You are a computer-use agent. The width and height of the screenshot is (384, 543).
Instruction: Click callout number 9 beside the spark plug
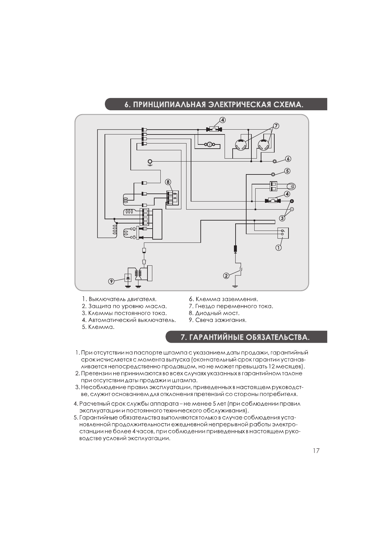coord(111,281)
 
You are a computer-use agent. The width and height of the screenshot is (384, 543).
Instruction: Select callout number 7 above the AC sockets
coord(276,125)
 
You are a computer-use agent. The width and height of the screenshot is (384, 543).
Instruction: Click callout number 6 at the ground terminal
coord(288,159)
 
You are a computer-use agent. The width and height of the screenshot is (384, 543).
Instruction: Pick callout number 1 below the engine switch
coord(278,248)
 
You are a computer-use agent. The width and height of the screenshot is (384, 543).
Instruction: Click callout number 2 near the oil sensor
coord(226,276)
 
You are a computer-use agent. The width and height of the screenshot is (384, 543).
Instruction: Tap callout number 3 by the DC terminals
coord(282,218)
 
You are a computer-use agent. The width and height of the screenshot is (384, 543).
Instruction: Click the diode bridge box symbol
coord(173,198)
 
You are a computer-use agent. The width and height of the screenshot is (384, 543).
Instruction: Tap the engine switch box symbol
coord(283,232)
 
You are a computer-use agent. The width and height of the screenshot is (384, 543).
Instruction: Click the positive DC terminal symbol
coord(292,201)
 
